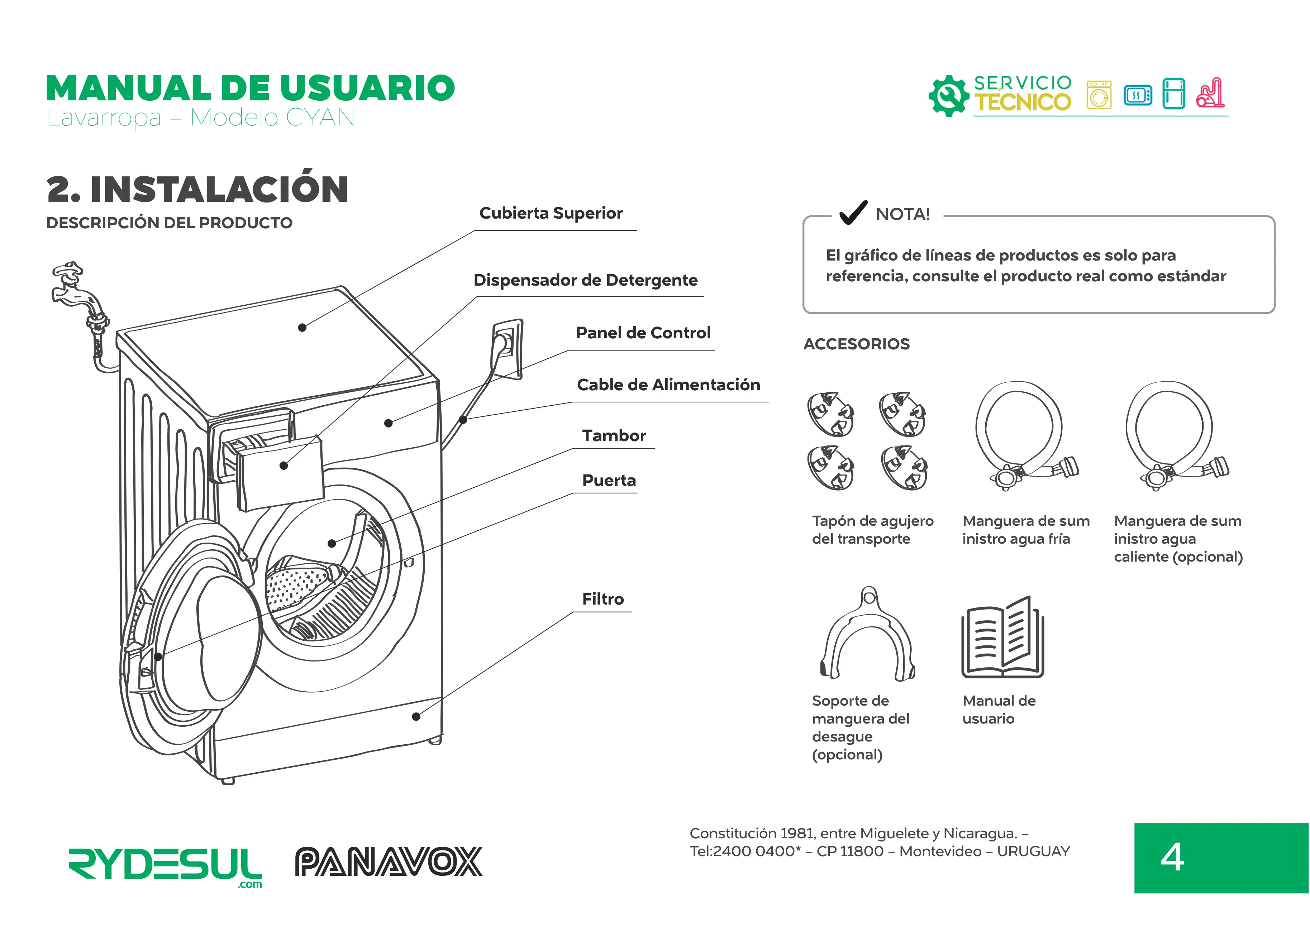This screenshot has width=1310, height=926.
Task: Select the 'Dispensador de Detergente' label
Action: pyautogui.click(x=585, y=280)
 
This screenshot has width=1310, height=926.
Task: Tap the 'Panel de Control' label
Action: pyautogui.click(x=643, y=333)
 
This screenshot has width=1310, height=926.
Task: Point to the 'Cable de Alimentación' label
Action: pyautogui.click(x=668, y=385)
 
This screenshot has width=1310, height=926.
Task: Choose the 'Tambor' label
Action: pyautogui.click(x=614, y=436)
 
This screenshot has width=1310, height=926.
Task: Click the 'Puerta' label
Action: pyautogui.click(x=609, y=481)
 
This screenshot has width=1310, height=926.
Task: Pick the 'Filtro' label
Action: pyautogui.click(x=603, y=599)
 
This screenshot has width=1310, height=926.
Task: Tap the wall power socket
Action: pyautogui.click(x=507, y=349)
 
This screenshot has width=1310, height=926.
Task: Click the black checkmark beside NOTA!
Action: pyautogui.click(x=853, y=213)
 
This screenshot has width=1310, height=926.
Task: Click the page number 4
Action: pyautogui.click(x=1172, y=858)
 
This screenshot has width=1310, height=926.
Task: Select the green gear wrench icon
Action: pyautogui.click(x=948, y=96)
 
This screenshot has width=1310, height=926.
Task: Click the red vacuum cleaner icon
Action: pyautogui.click(x=1210, y=93)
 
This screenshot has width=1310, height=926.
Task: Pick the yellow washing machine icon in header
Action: pyautogui.click(x=1099, y=95)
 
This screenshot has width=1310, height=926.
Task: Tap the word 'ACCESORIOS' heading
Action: pyautogui.click(x=856, y=344)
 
